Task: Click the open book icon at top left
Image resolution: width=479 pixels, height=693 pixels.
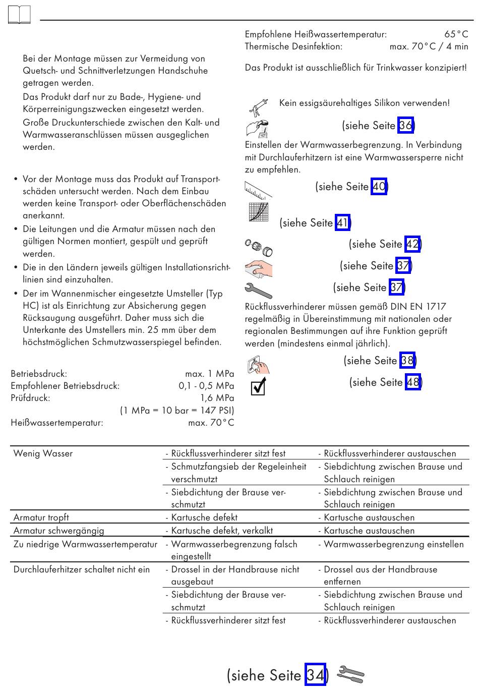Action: [x=19, y=15]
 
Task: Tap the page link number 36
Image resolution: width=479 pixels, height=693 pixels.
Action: [x=405, y=125]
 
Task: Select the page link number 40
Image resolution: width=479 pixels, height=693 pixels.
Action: [x=379, y=187]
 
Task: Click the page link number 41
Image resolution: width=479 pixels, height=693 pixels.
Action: [x=342, y=222]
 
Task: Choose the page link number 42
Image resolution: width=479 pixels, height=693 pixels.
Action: [x=412, y=244]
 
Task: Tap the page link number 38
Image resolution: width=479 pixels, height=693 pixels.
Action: [x=407, y=360]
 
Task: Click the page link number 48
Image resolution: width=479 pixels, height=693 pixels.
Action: [x=412, y=382]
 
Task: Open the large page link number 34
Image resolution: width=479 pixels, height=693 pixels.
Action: [x=316, y=674]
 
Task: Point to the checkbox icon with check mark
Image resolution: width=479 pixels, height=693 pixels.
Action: [x=258, y=387]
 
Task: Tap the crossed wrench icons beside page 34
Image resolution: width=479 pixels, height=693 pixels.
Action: [x=350, y=674]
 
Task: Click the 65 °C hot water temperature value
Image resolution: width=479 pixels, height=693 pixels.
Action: [x=456, y=34]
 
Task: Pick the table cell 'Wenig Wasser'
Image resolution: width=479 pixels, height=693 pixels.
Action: [x=43, y=453]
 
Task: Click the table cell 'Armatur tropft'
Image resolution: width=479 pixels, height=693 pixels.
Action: [x=41, y=517]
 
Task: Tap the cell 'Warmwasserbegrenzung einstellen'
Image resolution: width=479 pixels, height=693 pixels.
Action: [x=393, y=544]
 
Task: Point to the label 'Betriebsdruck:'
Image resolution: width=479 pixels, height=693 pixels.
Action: [x=39, y=374]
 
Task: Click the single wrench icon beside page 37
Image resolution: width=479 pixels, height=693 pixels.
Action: [x=258, y=291]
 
